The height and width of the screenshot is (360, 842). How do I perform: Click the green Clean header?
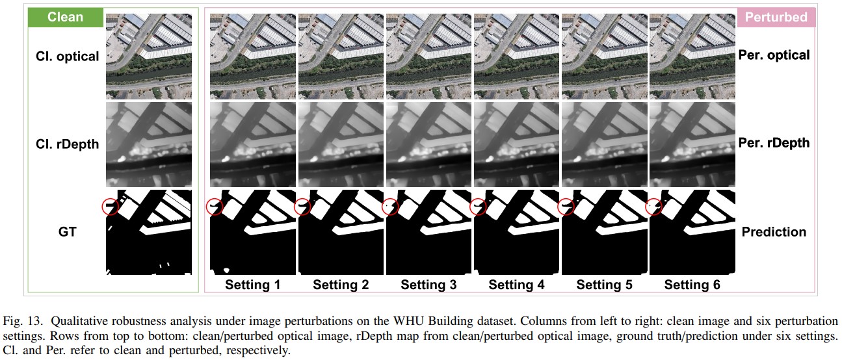66,18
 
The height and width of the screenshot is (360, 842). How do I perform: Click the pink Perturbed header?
776,18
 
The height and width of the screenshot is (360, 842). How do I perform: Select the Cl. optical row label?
67,57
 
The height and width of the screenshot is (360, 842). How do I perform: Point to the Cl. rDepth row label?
67,144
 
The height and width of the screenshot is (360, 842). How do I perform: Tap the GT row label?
67,232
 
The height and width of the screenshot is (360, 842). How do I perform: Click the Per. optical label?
774,55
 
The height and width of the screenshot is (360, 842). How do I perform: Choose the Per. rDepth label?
774,143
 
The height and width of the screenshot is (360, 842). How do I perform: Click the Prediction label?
774,232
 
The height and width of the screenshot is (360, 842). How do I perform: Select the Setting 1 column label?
253,285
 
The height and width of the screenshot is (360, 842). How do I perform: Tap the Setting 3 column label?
428,285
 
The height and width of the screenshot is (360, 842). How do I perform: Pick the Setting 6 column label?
692,285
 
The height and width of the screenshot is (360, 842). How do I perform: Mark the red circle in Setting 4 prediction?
470,207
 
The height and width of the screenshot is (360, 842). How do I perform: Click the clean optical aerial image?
149,57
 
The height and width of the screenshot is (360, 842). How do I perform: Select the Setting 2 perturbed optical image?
341,57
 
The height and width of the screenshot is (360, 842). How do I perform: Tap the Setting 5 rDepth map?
605,145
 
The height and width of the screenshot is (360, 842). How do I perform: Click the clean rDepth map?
149,145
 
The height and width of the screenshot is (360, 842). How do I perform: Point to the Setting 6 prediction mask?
692,232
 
